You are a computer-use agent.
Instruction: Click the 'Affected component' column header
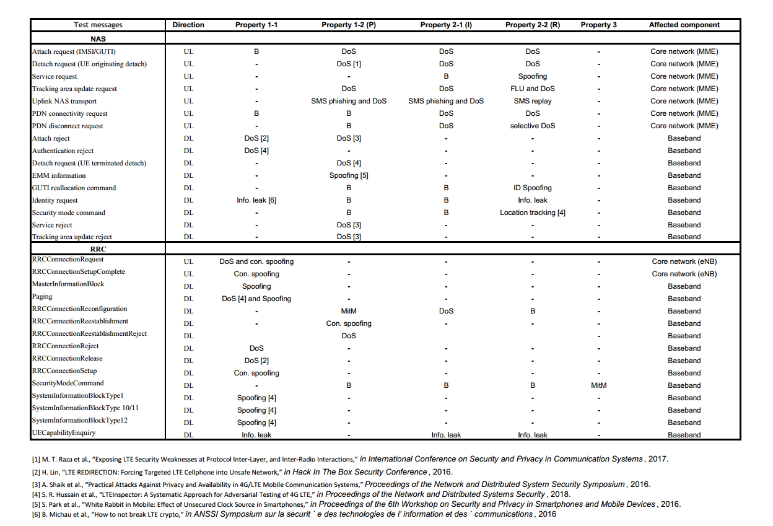tap(684, 25)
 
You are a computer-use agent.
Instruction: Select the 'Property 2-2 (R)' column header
tap(533, 25)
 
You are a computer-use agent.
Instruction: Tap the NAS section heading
tap(98, 39)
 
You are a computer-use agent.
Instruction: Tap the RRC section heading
tap(98, 249)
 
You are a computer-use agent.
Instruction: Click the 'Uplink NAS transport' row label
tap(64, 101)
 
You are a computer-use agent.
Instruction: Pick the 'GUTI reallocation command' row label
tap(74, 188)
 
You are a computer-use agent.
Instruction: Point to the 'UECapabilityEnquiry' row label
tap(64, 433)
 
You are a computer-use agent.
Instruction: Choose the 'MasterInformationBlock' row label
tap(68, 284)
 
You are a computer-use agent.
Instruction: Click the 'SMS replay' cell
tap(533, 101)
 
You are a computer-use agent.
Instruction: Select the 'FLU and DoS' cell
tap(533, 89)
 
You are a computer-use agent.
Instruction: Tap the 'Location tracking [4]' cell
tap(533, 213)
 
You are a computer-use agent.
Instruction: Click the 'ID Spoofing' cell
tap(533, 188)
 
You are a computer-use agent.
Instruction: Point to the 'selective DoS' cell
tap(533, 126)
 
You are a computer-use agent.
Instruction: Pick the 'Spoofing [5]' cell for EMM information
tap(349, 175)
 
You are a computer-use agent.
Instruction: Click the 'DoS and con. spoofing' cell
tap(256, 261)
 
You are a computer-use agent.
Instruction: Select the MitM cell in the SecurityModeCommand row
tap(598, 385)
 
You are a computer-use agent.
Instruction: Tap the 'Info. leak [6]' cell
tap(256, 200)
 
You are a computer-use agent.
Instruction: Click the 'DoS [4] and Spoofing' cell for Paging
tap(256, 299)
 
